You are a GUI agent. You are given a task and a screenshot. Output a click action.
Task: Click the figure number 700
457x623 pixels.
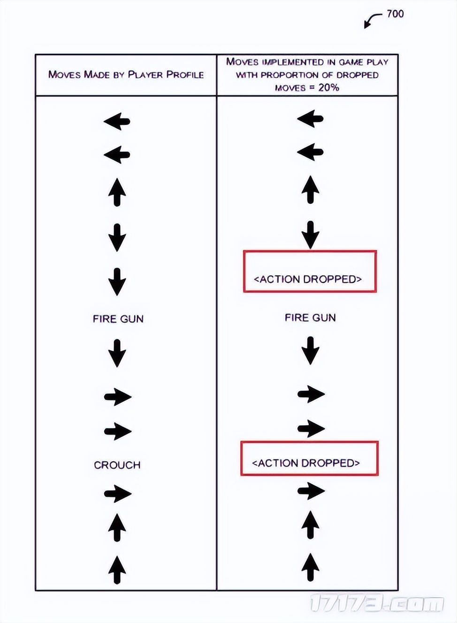395,14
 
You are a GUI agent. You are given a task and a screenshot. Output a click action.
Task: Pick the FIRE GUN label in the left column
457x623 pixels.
118,319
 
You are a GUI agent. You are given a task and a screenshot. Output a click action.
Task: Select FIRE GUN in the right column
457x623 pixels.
310,317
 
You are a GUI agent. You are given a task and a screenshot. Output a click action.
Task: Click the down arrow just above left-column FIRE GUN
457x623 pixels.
117,282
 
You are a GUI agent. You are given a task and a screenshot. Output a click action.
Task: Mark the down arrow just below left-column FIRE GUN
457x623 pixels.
117,353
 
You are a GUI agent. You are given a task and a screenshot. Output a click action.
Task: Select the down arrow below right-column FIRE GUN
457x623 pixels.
310,351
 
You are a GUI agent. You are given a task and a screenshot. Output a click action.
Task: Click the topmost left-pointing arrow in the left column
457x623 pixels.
117,121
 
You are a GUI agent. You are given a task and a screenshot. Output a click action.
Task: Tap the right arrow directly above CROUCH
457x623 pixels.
118,431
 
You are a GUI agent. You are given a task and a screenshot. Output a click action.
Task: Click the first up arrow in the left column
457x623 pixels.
117,192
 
